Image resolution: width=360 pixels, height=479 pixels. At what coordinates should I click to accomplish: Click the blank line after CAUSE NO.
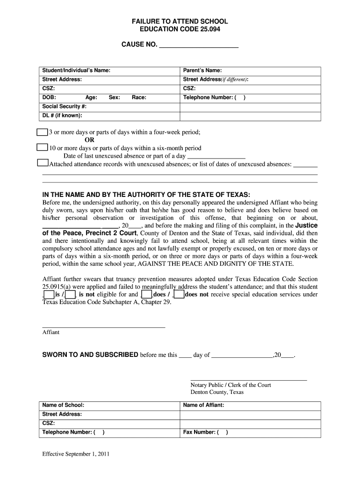coord(199,46)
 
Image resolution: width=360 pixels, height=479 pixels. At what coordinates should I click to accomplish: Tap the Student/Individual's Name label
coord(76,71)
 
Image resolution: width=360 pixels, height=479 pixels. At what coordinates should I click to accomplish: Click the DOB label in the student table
coord(49,97)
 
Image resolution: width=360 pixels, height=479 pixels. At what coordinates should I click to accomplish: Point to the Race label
coord(139,97)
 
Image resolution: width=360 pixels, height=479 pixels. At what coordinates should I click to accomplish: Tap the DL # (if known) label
coord(62,116)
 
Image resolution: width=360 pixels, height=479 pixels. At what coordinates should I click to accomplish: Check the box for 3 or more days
coord(42,132)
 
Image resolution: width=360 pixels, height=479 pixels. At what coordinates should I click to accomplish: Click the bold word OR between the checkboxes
coord(89,140)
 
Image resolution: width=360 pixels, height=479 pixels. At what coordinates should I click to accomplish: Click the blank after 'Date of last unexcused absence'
coord(216,156)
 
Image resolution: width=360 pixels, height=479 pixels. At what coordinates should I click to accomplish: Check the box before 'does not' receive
coord(178,294)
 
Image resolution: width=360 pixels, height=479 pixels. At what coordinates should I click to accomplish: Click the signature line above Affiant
coord(103,327)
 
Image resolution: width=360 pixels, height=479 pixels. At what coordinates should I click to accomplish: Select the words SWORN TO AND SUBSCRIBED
coord(90,355)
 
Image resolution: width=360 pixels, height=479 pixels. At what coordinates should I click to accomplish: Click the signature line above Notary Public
coord(248,379)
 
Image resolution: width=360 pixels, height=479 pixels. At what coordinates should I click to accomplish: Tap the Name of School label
coord(63,405)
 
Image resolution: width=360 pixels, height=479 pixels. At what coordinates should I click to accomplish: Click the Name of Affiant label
coord(203,405)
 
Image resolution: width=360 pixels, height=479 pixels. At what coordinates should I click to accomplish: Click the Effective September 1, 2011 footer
coord(76,454)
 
